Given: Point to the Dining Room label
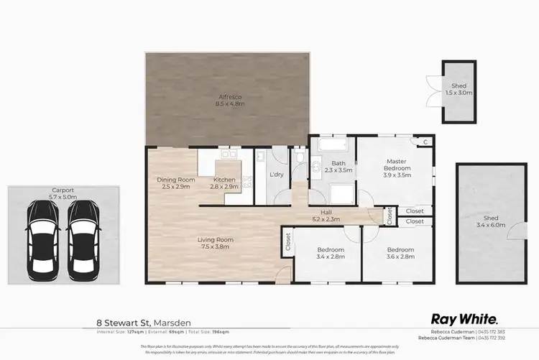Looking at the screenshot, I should point(176,183).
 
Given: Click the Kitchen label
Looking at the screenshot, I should point(224,183).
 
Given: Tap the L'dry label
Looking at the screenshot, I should point(276,175).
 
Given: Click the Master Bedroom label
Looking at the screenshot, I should point(397,170).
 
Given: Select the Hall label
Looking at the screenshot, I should point(326,215).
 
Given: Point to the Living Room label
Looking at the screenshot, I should point(216,244).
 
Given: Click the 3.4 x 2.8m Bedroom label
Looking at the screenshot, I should point(331,254).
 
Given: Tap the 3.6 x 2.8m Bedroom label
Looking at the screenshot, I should point(400,254).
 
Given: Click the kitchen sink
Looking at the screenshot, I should point(229,153).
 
